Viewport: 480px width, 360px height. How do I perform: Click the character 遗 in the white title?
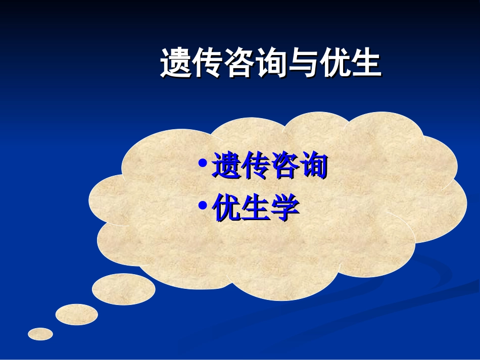click(x=175, y=64)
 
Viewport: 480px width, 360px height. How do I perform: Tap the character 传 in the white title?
click(x=207, y=64)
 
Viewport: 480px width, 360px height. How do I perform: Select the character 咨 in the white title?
click(x=238, y=64)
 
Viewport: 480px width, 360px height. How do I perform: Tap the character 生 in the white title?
click(x=364, y=64)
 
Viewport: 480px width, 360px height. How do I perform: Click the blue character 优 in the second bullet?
click(x=226, y=208)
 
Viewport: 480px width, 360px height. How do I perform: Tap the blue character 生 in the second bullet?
click(x=255, y=208)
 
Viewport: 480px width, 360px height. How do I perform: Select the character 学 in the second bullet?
click(x=284, y=208)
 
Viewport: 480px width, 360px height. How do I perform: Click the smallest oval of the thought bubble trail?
click(x=40, y=334)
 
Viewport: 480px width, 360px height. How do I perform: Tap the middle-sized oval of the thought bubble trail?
click(x=77, y=315)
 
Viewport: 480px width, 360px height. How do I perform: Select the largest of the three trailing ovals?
click(x=124, y=289)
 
